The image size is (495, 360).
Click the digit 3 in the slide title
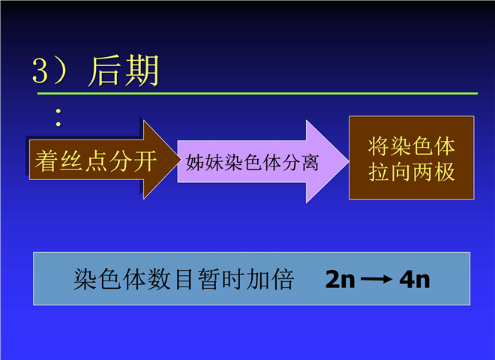(40, 70)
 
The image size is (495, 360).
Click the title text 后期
(124, 70)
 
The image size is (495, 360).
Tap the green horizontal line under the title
(257, 94)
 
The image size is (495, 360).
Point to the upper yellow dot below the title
(58, 111)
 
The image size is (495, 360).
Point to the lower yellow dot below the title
(58, 124)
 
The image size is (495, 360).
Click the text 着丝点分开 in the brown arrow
(96, 160)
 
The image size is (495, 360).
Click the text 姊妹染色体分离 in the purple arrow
(252, 162)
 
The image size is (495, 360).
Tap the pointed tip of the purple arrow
(348, 161)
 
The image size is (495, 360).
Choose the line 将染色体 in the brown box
(411, 146)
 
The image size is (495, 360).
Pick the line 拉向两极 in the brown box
(411, 172)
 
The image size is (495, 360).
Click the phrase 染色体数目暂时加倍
(184, 279)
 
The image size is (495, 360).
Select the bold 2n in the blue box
(340, 279)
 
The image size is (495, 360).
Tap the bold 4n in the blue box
(415, 279)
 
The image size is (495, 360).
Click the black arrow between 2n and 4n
(376, 279)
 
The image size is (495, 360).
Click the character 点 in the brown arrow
(96, 160)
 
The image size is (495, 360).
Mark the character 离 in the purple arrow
(310, 162)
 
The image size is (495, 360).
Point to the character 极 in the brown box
(445, 172)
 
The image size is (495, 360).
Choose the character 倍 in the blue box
(283, 279)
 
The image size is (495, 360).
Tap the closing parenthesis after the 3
(60, 70)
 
